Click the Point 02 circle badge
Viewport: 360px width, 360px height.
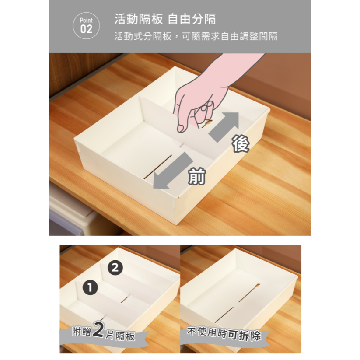[86, 26]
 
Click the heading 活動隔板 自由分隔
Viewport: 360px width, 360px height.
[165, 19]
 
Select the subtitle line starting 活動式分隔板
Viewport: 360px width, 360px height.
[196, 36]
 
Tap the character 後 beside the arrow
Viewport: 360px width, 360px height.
[241, 144]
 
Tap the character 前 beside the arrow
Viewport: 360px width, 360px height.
[197, 176]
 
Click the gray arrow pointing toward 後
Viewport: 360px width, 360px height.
[224, 127]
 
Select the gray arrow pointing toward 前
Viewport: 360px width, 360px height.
[173, 171]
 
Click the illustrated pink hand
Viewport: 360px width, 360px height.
[213, 92]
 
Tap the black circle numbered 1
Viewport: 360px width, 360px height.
[90, 288]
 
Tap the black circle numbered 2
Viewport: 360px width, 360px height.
[115, 268]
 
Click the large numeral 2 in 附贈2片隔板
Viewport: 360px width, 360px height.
[99, 330]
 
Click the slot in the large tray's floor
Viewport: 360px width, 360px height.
[158, 167]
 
